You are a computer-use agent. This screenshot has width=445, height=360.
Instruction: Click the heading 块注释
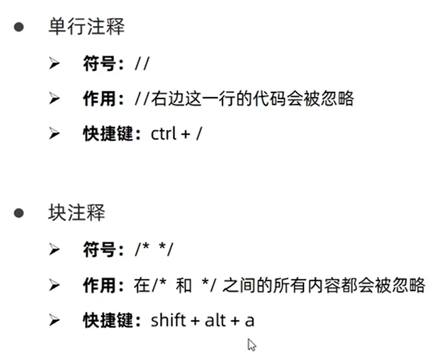pyautogui.click(x=76, y=213)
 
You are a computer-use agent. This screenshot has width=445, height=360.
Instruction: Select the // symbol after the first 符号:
pyautogui.click(x=142, y=63)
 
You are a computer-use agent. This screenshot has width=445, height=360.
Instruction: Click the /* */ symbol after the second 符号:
pyautogui.click(x=154, y=250)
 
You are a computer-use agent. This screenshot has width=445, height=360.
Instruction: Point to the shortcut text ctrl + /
pyautogui.click(x=177, y=133)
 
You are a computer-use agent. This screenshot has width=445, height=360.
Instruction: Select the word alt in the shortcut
pyautogui.click(x=216, y=320)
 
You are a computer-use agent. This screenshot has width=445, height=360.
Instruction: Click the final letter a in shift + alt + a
pyautogui.click(x=249, y=320)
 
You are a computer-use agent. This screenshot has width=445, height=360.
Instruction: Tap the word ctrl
pyautogui.click(x=164, y=133)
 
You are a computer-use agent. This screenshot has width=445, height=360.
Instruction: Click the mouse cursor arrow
pyautogui.click(x=251, y=344)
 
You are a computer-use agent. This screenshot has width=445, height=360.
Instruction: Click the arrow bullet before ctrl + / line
pyautogui.click(x=55, y=133)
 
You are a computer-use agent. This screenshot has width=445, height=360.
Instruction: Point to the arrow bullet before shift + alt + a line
pyautogui.click(x=55, y=320)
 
